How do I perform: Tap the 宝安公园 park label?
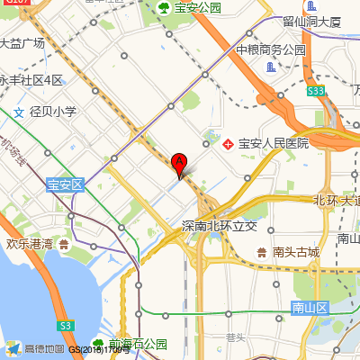pyautogui.click(x=198, y=8)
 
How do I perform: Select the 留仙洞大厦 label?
pyautogui.click(x=311, y=21)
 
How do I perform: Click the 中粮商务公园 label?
pyautogui.click(x=272, y=50)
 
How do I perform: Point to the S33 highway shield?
pyautogui.click(x=315, y=91)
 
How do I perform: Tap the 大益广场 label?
pyautogui.click(x=22, y=42)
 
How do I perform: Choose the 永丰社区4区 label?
pyautogui.click(x=31, y=80)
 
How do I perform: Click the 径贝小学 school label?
pyautogui.click(x=52, y=112)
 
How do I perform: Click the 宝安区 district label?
pyautogui.click(x=64, y=184)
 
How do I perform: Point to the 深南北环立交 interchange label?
pyautogui.click(x=219, y=225)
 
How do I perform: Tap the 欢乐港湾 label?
pyautogui.click(x=36, y=243)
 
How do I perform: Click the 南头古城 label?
pyautogui.click(x=296, y=252)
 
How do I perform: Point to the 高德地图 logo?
pyautogui.click(x=34, y=348)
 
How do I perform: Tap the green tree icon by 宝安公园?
pyautogui.click(x=164, y=8)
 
